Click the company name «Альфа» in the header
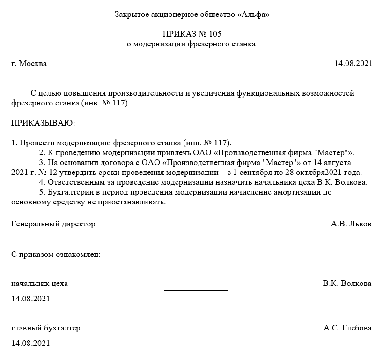point(254,15)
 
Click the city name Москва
point(32,63)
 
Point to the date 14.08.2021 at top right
point(353,63)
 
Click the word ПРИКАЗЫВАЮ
point(43,123)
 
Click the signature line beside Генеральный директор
point(196,230)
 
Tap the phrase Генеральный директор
point(53,224)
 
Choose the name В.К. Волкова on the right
point(347,284)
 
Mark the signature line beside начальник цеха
point(196,290)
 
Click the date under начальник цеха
point(30,299)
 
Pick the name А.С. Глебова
point(347,328)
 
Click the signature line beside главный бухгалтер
point(196,334)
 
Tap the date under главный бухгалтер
point(30,343)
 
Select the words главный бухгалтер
point(45,328)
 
